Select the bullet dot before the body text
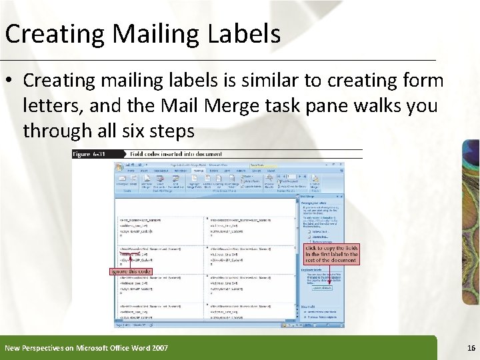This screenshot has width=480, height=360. point(11,81)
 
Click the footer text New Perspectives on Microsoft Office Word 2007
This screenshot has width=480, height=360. point(86,347)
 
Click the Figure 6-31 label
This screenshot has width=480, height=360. point(90,154)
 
